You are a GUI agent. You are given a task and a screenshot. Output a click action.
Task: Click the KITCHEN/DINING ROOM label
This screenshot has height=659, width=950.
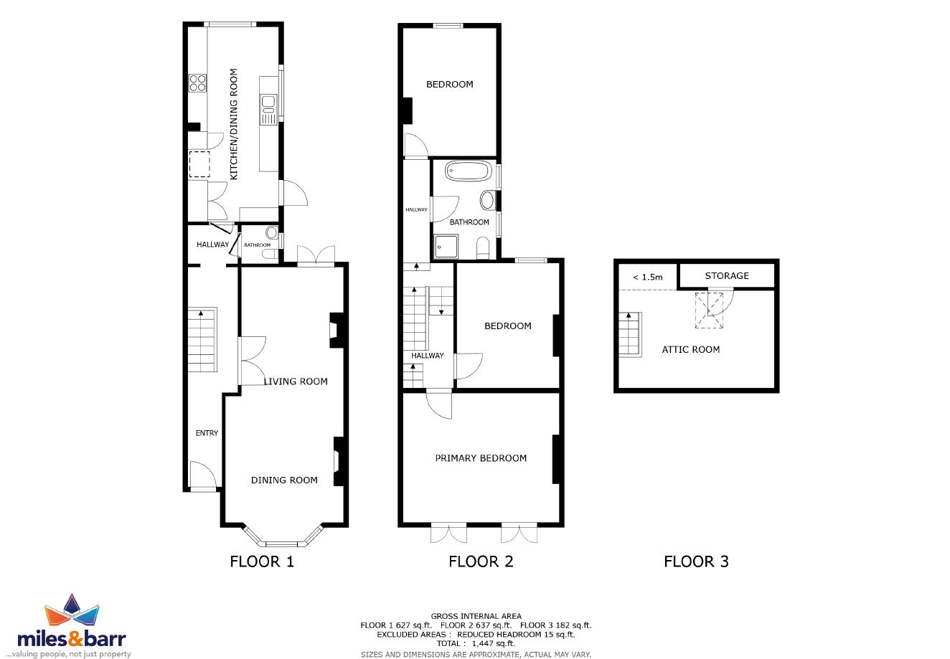click(x=234, y=124)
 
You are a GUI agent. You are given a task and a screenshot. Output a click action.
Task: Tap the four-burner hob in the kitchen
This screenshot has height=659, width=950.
click(x=197, y=83)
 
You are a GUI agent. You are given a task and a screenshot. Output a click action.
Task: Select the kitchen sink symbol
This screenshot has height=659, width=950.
click(x=268, y=110)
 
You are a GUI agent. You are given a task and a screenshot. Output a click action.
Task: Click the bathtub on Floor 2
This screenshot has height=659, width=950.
click(x=469, y=171)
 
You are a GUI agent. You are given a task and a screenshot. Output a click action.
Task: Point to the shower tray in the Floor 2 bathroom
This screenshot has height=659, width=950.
click(x=446, y=247)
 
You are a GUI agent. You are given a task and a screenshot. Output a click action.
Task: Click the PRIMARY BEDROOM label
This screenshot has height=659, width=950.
click(x=481, y=458)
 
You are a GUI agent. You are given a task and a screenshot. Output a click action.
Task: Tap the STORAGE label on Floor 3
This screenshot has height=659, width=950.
click(x=727, y=276)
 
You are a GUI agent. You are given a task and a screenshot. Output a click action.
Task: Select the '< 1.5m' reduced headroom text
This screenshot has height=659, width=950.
click(x=648, y=278)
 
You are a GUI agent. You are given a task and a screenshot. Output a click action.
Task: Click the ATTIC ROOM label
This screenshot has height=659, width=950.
click(x=691, y=350)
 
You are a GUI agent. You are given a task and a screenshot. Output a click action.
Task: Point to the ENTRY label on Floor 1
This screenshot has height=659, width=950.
click(x=207, y=432)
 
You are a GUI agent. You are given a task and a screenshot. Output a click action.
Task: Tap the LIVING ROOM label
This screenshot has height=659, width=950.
click(x=296, y=381)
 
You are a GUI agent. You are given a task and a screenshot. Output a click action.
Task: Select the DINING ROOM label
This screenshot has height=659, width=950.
click(x=284, y=480)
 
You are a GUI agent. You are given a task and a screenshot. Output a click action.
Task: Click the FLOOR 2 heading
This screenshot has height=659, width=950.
click(x=481, y=561)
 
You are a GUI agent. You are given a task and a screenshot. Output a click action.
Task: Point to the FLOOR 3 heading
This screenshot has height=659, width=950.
click(x=696, y=561)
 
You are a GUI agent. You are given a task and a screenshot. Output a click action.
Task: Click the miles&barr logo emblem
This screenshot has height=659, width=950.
click(x=72, y=610)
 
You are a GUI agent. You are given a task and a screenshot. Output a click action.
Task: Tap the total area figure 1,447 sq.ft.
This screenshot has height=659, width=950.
click(x=494, y=643)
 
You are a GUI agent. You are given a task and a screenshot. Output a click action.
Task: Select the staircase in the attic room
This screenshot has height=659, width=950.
click(x=630, y=334)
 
